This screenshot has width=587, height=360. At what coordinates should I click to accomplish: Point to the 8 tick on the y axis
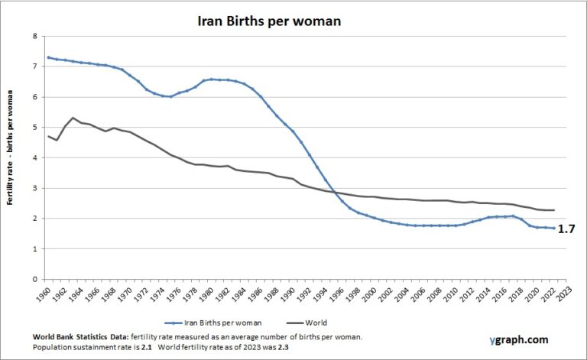tap(34, 36)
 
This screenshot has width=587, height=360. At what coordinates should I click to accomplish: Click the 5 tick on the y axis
tap(34, 128)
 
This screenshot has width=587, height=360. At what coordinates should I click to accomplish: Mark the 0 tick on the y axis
tap(34, 280)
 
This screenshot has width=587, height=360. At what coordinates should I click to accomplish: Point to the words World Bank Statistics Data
tap(81, 337)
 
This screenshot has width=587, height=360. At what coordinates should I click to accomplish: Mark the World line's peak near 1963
tap(73, 118)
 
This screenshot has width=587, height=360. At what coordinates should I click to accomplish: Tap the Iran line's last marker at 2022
tap(554, 228)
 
